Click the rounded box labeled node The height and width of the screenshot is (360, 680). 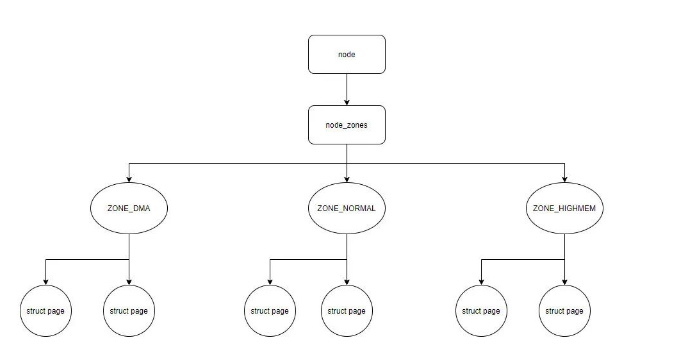346,56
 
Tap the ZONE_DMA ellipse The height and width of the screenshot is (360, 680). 129,208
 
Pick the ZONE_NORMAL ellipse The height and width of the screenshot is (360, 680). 346,208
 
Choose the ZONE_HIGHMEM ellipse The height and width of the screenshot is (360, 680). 564,208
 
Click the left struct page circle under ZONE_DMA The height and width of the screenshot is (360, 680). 45,311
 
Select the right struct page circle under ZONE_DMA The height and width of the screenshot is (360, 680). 128,311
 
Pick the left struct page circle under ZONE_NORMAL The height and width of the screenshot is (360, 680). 269,311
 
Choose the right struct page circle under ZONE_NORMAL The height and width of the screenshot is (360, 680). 347,311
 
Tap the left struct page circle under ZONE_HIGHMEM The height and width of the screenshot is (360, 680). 481,311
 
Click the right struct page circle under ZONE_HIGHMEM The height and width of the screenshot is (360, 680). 564,311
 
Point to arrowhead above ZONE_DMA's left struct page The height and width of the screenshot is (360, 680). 45,280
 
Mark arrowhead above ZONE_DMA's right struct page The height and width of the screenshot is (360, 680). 128,280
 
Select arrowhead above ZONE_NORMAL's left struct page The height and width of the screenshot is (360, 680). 269,280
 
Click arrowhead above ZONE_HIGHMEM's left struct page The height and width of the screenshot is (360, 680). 481,280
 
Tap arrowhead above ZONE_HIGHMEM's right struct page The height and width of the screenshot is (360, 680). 564,280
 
